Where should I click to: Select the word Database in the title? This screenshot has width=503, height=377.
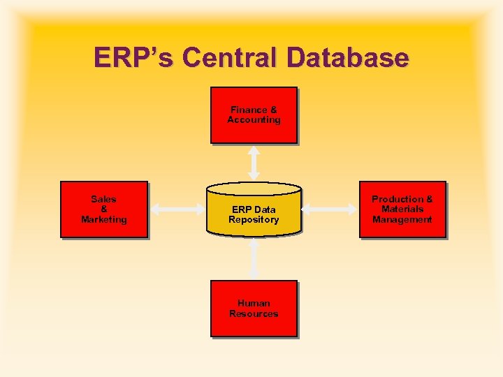(x=349, y=58)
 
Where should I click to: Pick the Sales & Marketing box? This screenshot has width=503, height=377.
(x=104, y=209)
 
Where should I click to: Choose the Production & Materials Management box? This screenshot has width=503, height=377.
(x=402, y=209)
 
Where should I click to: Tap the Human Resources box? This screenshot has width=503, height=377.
(x=254, y=309)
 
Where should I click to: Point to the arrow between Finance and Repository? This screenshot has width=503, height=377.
(x=254, y=163)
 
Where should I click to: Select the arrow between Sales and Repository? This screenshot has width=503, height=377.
(x=177, y=208)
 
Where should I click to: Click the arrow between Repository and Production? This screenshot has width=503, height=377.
(x=330, y=208)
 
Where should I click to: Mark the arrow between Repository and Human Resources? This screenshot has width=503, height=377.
(x=254, y=258)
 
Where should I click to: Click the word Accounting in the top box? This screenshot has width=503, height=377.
(x=254, y=120)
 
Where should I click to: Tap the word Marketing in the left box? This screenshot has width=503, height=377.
(x=104, y=220)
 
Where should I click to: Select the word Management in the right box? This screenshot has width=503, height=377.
(x=402, y=220)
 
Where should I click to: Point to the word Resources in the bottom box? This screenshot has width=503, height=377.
(x=254, y=314)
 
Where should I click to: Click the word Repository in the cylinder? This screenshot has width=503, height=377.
(x=254, y=220)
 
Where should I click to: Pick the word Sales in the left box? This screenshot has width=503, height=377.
(x=104, y=199)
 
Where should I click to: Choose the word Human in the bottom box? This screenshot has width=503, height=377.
(x=254, y=304)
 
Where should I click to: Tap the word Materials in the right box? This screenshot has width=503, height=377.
(x=402, y=209)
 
